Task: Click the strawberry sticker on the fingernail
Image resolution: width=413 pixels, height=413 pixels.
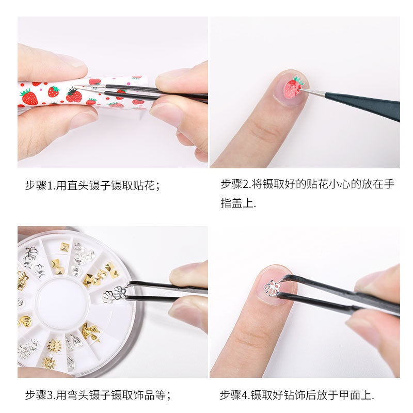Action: click(293, 87)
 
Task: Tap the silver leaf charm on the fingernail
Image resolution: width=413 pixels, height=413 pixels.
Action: click(272, 289)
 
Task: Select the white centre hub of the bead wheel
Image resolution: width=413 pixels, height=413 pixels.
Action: click(61, 303)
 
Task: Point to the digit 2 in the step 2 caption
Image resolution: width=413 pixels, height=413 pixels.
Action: click(246, 184)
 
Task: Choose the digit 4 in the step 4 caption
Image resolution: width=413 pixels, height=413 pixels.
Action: click(245, 395)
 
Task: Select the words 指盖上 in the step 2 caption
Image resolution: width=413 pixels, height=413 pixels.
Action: click(237, 203)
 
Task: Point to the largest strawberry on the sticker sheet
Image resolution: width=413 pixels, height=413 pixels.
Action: click(29, 97)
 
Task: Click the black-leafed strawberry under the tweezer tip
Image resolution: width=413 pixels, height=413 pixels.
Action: click(74, 95)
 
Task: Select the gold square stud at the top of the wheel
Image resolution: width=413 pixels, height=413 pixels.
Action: click(65, 247)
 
